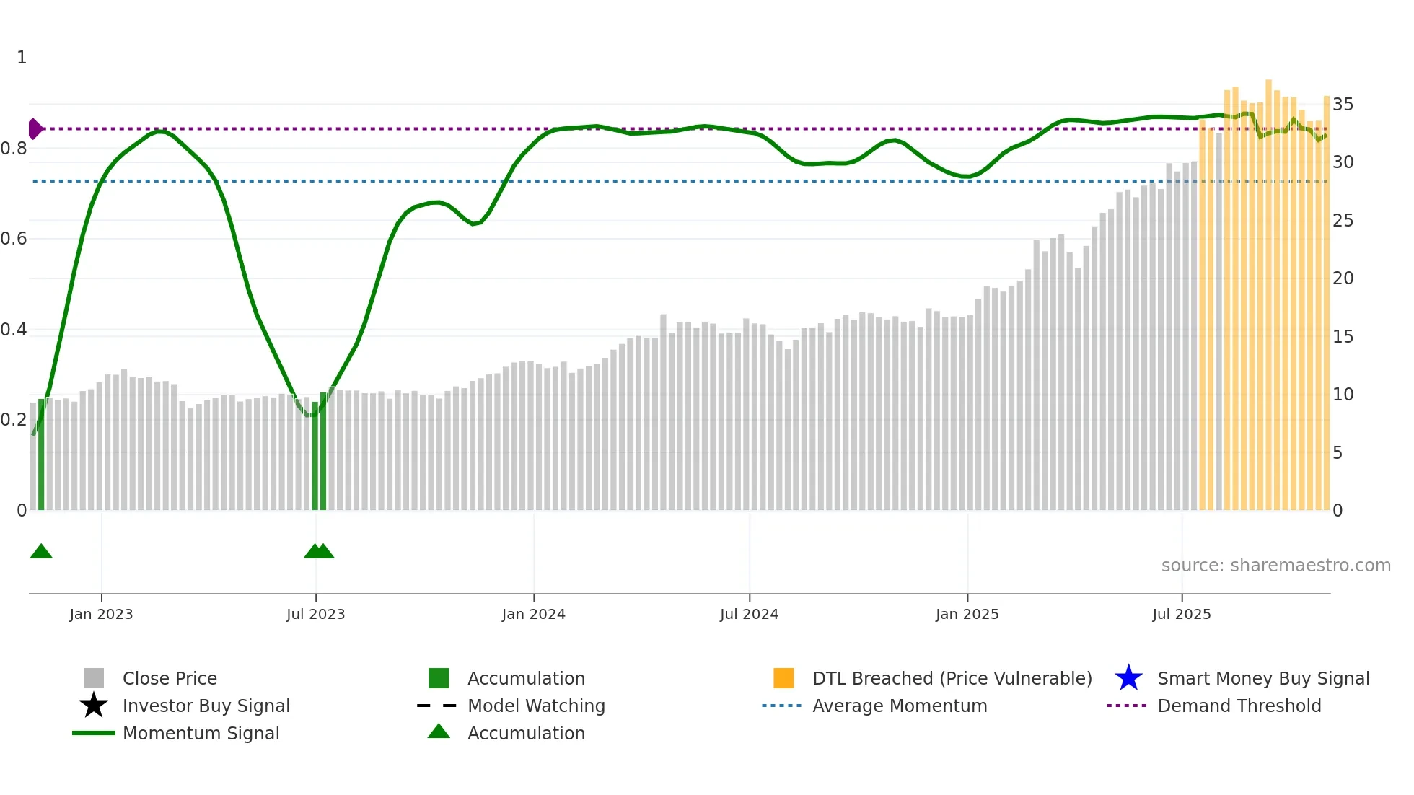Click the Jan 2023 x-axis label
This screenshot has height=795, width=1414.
101,614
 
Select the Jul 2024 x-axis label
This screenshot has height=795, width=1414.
749,614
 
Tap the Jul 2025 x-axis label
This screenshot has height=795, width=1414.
1181,614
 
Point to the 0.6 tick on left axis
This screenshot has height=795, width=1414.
14,239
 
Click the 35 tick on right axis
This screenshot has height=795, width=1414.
1343,105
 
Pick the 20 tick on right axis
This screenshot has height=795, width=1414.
1343,278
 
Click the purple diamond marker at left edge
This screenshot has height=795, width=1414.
35,129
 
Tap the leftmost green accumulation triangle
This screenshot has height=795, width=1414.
41,552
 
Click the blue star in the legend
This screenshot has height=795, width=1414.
1128,678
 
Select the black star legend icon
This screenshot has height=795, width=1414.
94,706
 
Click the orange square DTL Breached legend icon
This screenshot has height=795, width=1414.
783,678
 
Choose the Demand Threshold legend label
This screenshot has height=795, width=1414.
1239,706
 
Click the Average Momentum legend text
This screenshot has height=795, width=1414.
900,706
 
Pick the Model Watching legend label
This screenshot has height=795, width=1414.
536,706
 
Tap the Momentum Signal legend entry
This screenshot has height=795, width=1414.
201,733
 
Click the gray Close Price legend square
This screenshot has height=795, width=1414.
94,678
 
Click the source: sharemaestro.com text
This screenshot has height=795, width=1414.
1275,565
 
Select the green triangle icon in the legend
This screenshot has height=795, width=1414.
439,732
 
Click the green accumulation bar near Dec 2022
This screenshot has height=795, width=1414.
41,454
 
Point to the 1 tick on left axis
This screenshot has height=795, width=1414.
22,58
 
